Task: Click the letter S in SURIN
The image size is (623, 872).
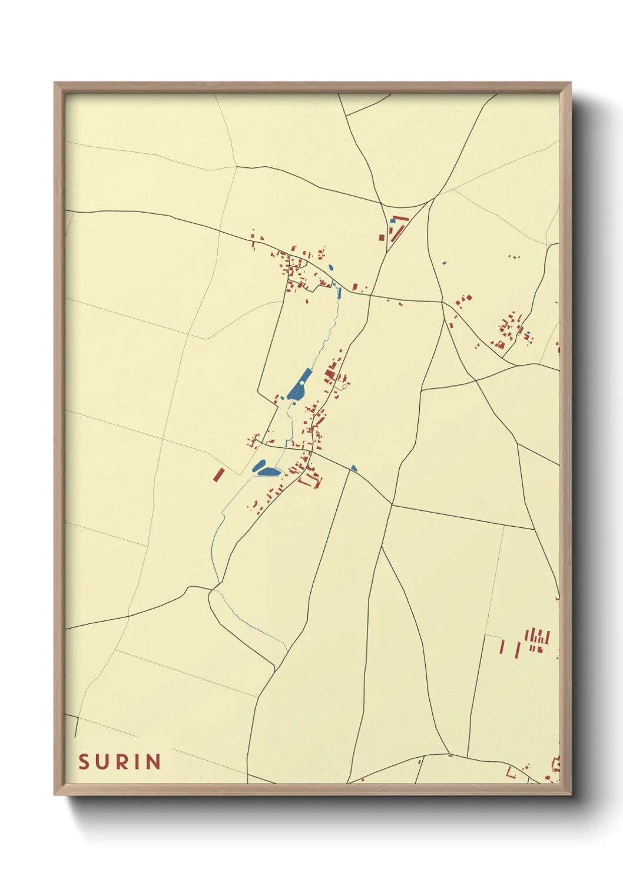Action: (x=84, y=762)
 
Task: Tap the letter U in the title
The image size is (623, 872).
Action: (x=104, y=762)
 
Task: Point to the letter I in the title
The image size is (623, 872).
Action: (x=137, y=762)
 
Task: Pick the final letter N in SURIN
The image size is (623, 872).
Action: (x=153, y=762)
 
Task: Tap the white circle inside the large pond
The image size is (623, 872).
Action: (x=301, y=384)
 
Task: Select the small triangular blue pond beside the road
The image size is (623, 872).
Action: (x=354, y=468)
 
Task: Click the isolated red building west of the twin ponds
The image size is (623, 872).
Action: (x=219, y=474)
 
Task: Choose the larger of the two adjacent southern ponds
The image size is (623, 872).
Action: (x=269, y=471)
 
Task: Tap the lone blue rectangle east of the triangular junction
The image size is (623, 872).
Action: (x=445, y=262)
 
